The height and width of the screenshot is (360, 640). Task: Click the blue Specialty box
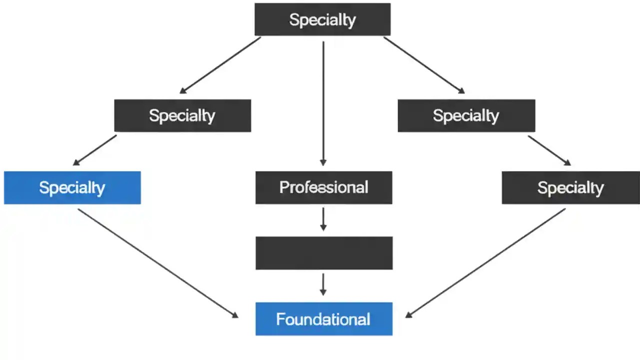(x=72, y=188)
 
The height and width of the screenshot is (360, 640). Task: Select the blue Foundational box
(x=323, y=319)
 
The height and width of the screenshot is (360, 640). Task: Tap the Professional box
(x=323, y=188)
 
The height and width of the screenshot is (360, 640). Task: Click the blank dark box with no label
(x=323, y=253)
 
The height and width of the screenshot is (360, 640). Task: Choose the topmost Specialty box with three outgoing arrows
(x=322, y=19)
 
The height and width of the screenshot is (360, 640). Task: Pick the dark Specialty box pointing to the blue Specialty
(x=182, y=115)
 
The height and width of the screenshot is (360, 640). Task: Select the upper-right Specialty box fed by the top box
(x=466, y=115)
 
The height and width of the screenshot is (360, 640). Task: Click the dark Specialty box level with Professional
(x=570, y=188)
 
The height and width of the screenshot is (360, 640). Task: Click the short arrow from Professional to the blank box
(x=323, y=219)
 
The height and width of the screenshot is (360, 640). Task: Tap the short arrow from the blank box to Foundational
(x=323, y=284)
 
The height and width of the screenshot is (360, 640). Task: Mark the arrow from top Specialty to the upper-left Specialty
(x=220, y=65)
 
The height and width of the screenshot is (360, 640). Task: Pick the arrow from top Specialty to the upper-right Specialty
(x=424, y=65)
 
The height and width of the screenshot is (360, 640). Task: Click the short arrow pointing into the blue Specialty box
(x=95, y=150)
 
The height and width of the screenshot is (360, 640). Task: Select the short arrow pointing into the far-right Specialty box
(x=549, y=150)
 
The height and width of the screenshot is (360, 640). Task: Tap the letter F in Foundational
(x=280, y=319)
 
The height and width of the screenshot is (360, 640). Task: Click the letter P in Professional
(x=283, y=188)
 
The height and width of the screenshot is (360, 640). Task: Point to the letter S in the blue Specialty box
(x=43, y=188)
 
